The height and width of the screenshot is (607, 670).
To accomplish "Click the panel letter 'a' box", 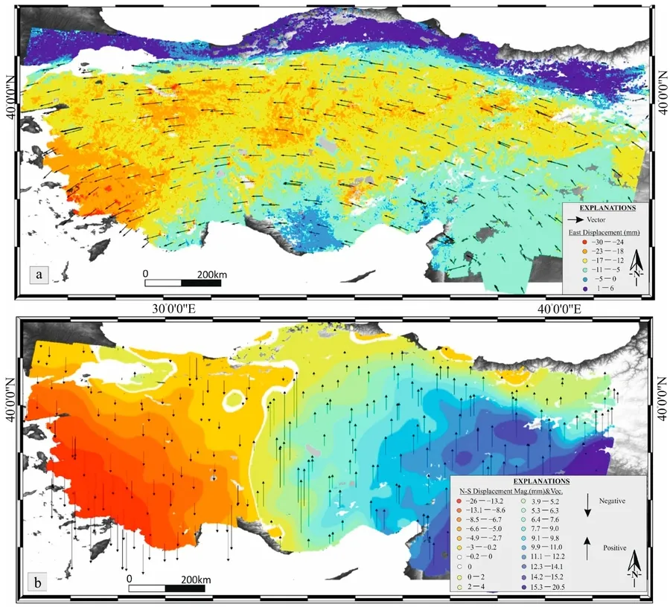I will click(37, 276).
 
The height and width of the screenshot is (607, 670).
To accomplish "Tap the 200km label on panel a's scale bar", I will click(211, 275).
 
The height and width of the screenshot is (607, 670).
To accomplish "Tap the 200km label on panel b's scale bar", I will click(197, 578).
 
